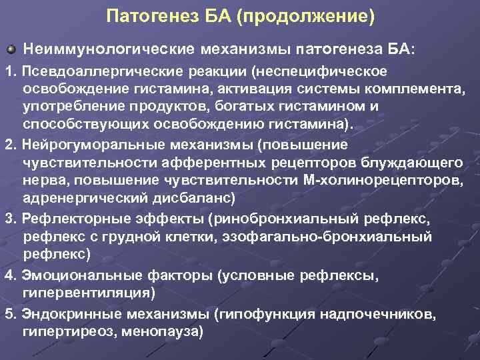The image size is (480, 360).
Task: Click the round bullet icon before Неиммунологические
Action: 10,49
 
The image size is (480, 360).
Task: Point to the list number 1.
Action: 9,71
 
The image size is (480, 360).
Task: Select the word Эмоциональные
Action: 79,275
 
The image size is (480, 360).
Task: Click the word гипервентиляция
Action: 86,293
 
